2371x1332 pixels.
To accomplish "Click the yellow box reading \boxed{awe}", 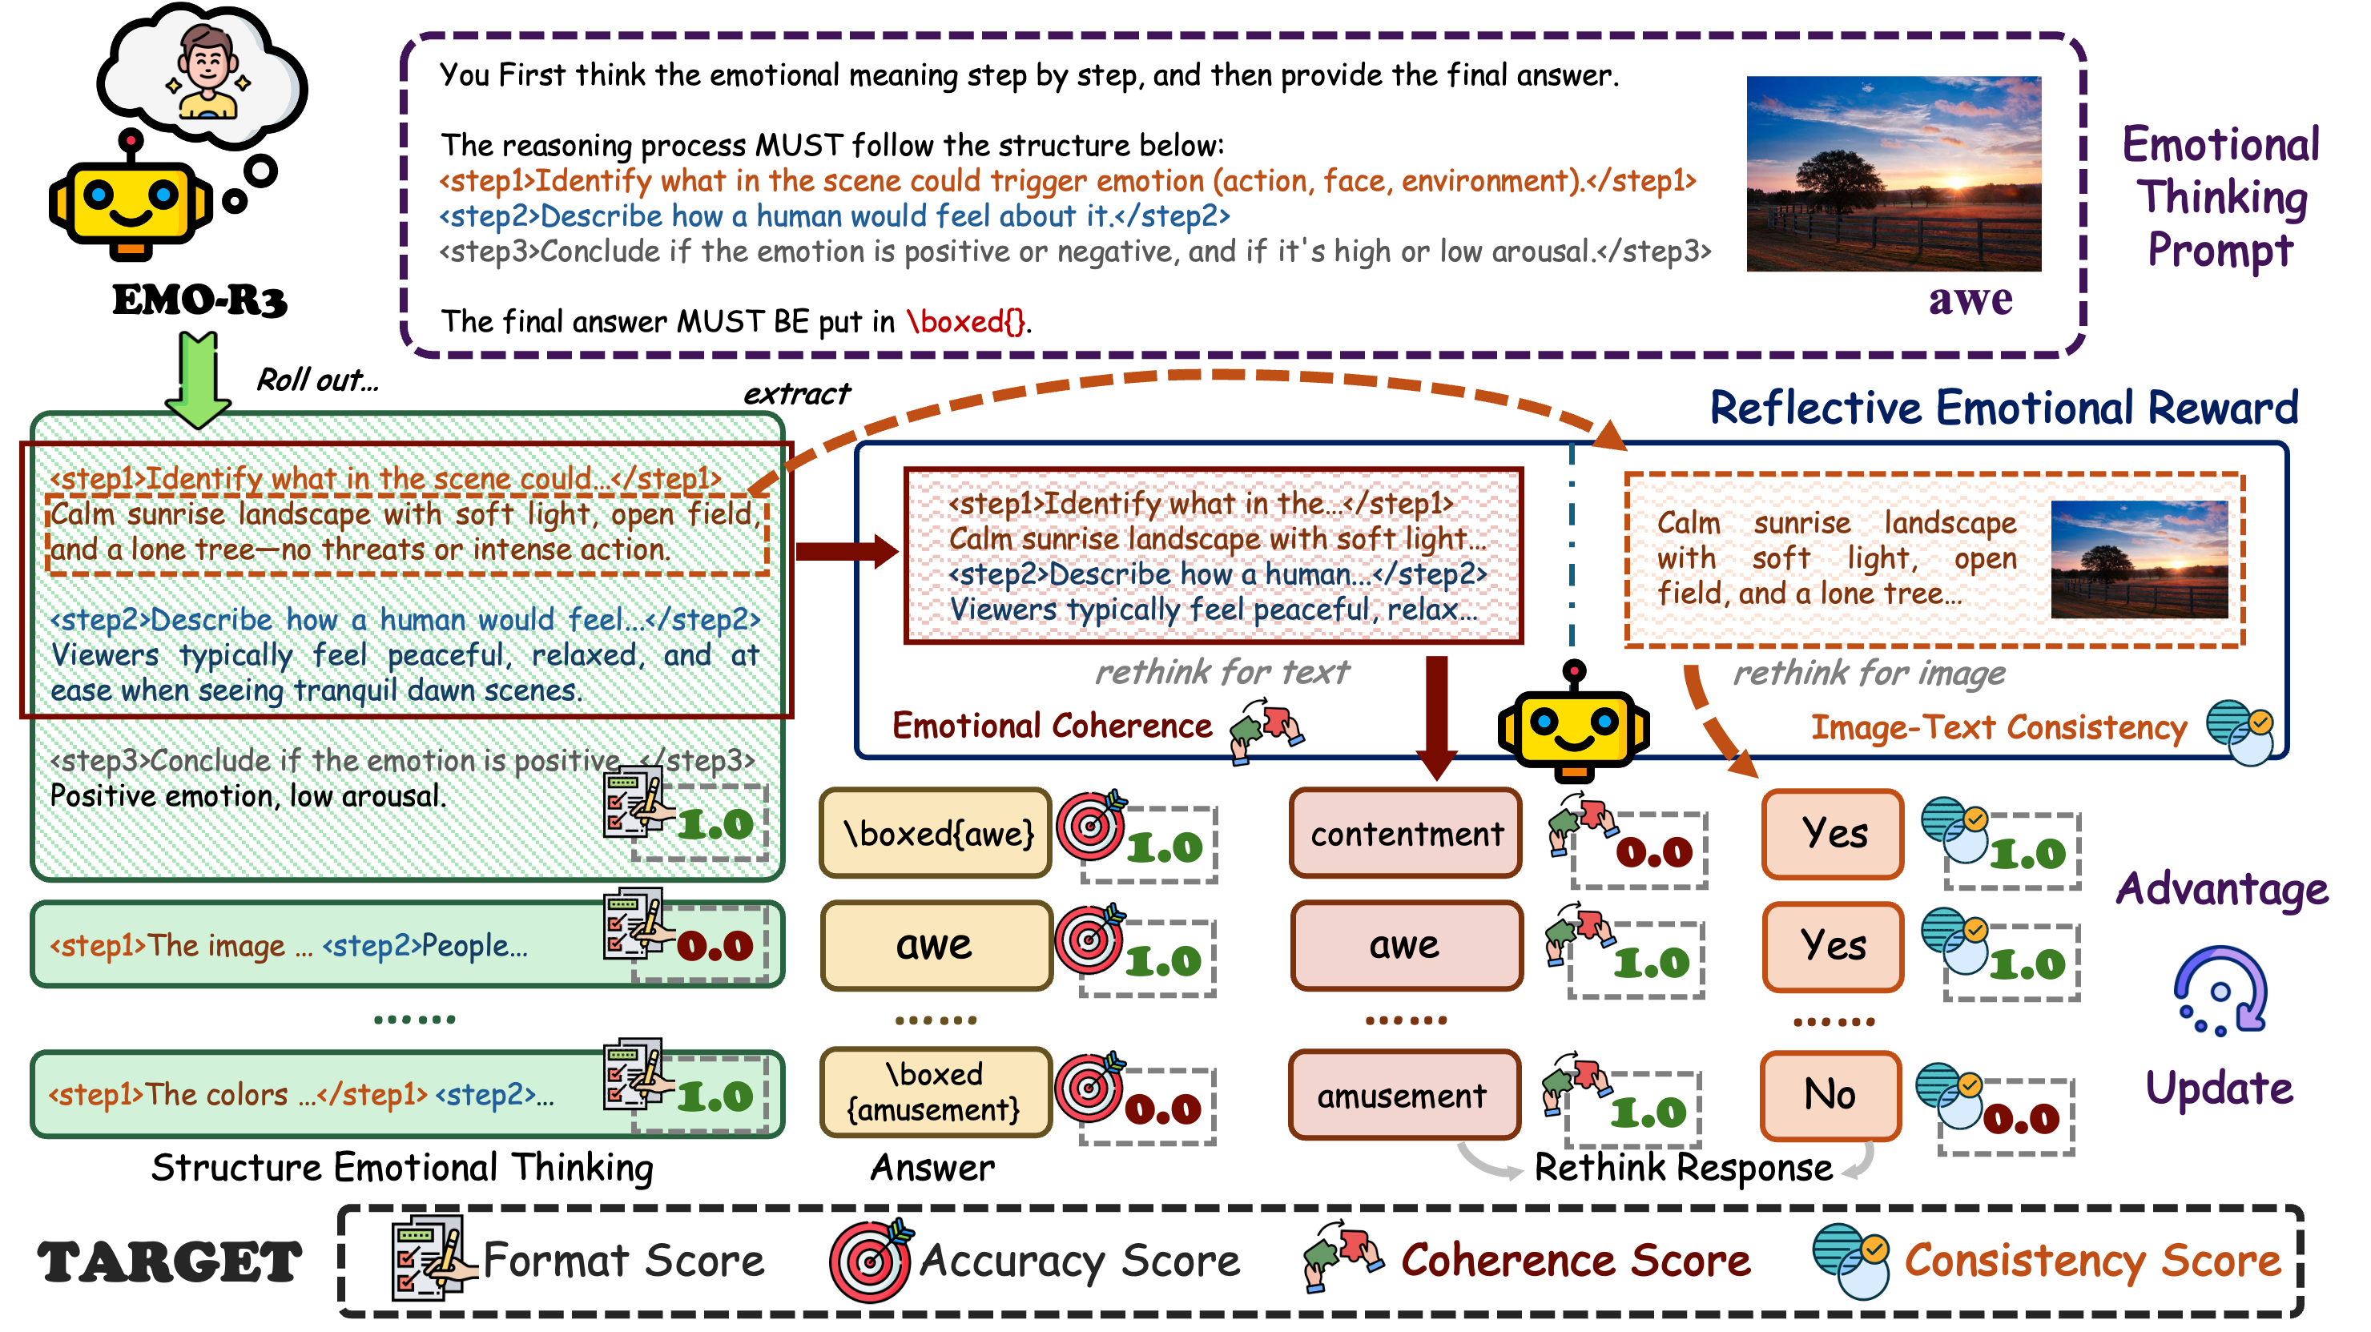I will [936, 833].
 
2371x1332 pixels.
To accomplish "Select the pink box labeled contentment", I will [1406, 833].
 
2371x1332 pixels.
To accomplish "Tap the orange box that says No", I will [1830, 1094].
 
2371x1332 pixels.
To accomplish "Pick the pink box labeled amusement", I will [1403, 1096].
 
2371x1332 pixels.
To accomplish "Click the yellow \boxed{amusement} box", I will [934, 1093].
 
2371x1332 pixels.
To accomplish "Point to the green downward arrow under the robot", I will [198, 382].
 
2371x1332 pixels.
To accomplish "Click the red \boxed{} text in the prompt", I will [965, 321].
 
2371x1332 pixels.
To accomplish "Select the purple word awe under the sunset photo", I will [1970, 300].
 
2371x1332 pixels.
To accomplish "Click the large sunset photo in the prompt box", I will [1894, 174].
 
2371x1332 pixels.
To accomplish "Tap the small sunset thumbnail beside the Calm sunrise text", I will [2138, 559].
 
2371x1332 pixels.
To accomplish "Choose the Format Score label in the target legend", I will [624, 1260].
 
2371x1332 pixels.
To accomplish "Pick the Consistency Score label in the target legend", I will [2092, 1260].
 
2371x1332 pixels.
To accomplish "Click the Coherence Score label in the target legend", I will [1575, 1260].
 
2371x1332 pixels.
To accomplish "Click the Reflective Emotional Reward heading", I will [2003, 408].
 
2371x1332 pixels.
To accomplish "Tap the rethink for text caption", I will [1222, 672].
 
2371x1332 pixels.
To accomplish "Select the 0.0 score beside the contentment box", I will [1654, 852].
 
